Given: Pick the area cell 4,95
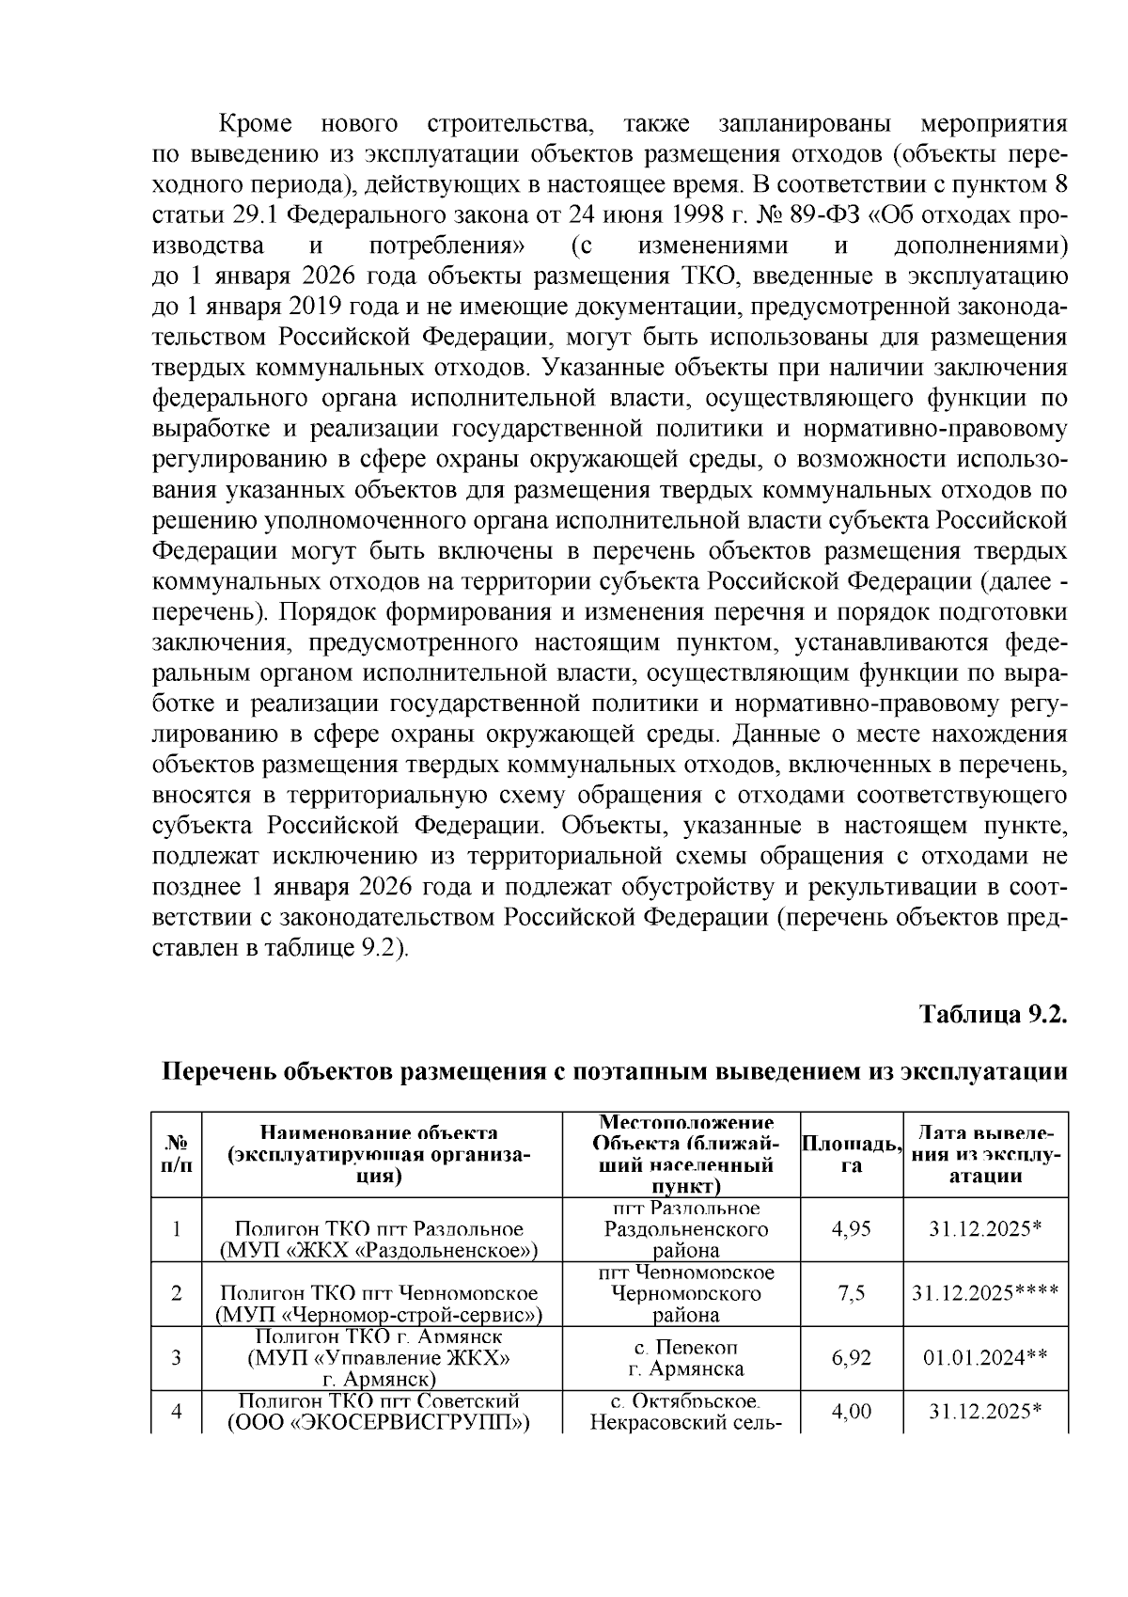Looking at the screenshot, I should click(852, 1229).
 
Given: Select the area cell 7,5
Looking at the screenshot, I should click(852, 1293).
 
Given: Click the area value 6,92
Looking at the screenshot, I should click(852, 1357).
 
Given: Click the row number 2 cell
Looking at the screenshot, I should click(176, 1293).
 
